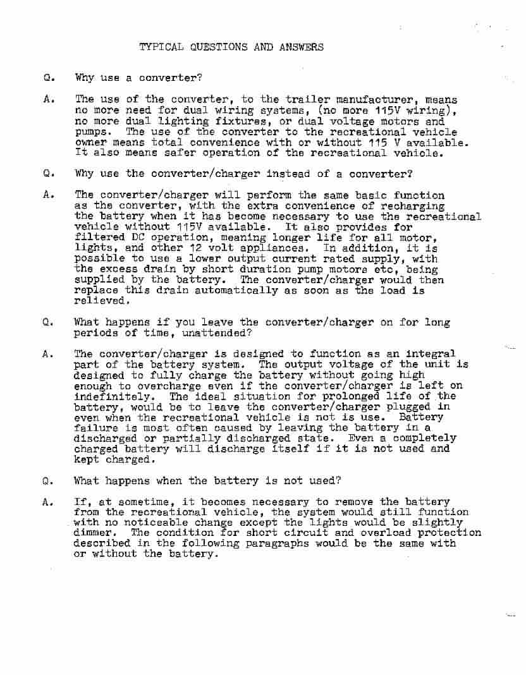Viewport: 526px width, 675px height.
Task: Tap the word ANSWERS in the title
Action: click(301, 47)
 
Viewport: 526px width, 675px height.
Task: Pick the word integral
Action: click(429, 354)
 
